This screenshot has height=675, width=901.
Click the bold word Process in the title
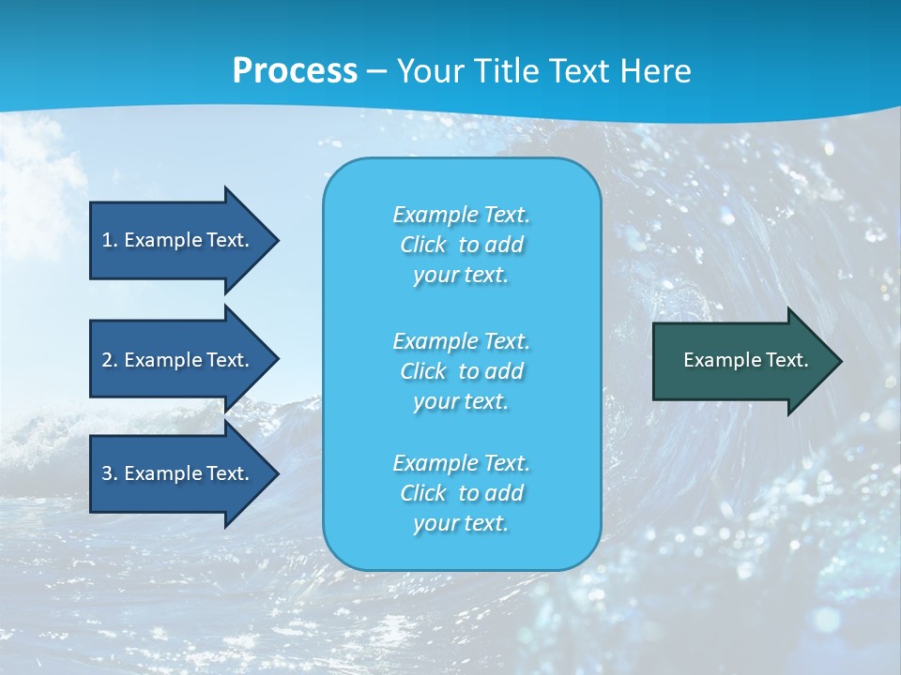(295, 71)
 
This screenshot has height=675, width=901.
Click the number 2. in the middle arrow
(109, 360)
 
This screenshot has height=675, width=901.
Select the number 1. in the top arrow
(109, 240)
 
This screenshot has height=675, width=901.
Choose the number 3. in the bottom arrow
(109, 473)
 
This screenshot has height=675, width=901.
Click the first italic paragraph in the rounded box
(461, 245)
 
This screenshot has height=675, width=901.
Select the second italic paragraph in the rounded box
(461, 371)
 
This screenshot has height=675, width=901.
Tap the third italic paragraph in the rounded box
(461, 493)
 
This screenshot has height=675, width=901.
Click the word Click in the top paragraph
(423, 246)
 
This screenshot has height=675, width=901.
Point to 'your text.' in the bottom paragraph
(461, 524)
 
